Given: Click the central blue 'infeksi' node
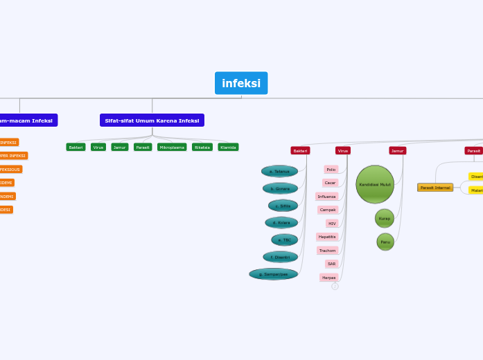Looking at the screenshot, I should [241, 83].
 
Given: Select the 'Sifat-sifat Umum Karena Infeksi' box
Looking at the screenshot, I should [152, 120].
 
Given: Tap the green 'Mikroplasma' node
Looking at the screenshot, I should [172, 147].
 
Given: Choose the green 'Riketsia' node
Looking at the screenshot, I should [202, 147].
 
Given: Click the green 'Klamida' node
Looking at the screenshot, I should [228, 147].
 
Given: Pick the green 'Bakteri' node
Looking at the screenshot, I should [76, 147].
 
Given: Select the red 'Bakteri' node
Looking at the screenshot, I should [300, 150].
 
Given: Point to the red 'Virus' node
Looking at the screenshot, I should [343, 150].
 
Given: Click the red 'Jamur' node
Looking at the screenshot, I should [397, 150].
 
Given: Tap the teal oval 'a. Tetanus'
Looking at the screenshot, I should [280, 171].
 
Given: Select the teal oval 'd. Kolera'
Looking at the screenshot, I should [281, 223].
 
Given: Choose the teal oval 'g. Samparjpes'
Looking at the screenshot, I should [274, 274].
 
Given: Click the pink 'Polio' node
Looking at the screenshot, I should [331, 170].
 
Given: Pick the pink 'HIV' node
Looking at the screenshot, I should [332, 224].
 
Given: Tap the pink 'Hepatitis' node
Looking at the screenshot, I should [327, 237].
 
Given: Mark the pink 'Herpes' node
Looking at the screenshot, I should [328, 278].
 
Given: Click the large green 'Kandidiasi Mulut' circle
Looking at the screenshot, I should [375, 184].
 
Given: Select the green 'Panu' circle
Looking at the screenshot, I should [385, 242].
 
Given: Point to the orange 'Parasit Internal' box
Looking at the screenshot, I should [435, 188].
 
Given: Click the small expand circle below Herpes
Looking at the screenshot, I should [335, 287].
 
